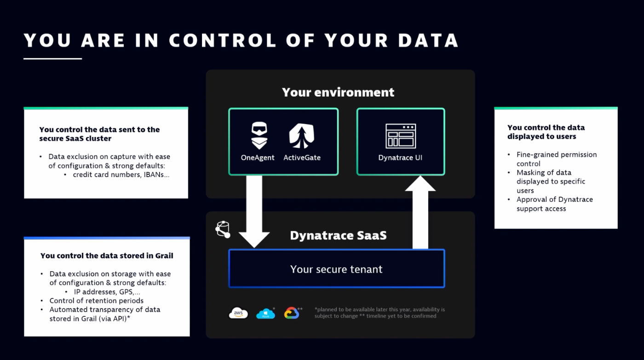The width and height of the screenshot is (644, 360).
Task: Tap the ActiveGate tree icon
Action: [302, 136]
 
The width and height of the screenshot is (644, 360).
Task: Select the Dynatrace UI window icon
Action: [400, 136]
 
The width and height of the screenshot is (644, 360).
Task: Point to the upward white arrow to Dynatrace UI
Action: [420, 211]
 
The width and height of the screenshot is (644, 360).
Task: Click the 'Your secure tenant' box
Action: [336, 269]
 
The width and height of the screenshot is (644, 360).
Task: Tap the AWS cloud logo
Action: [238, 313]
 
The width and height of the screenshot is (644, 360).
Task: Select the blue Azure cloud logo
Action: [265, 314]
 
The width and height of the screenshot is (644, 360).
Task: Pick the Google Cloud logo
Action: [292, 313]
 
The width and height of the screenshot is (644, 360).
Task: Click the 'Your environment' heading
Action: [338, 92]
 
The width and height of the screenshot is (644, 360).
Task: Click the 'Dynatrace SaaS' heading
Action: [338, 236]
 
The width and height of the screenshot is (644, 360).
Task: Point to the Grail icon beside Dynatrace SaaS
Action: [223, 229]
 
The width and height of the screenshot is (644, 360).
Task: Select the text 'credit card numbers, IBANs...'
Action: [121, 175]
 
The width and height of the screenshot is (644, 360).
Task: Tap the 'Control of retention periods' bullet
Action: [96, 301]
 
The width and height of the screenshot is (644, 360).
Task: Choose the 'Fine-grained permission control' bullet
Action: [556, 159]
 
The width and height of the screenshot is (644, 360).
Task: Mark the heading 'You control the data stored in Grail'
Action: [107, 256]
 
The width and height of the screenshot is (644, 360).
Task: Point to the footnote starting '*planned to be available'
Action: [379, 313]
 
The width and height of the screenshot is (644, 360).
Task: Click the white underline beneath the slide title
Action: [52, 58]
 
